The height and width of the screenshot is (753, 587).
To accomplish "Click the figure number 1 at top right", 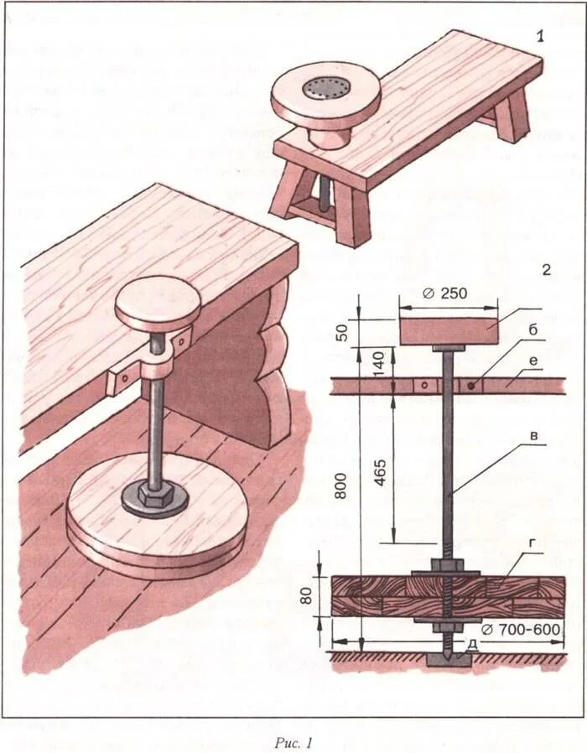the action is (x=542, y=36).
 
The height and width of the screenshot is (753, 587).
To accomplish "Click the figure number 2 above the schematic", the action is (x=546, y=270).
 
